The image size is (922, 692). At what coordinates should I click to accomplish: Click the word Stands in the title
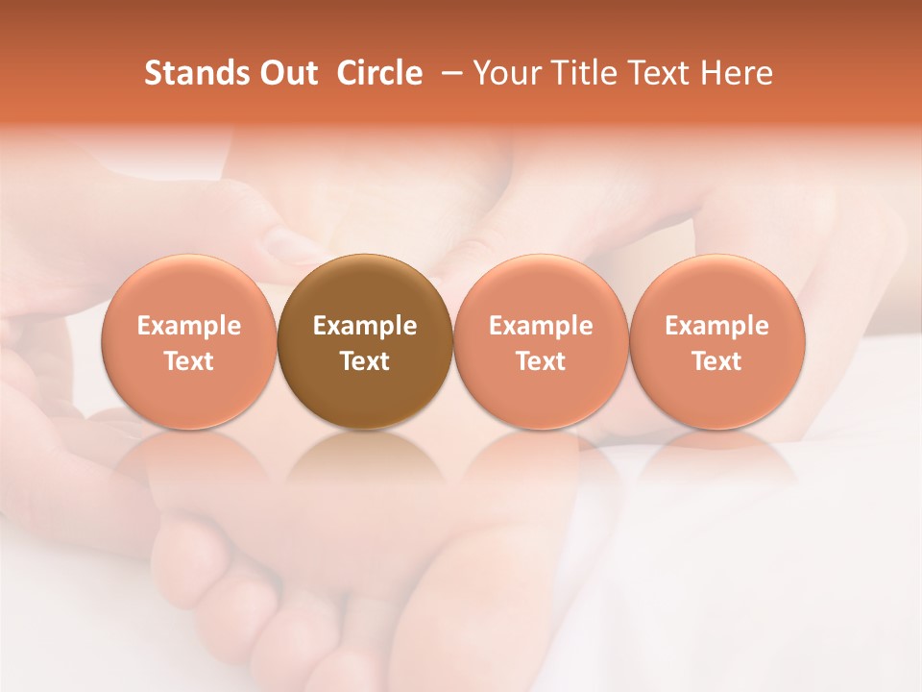[x=190, y=73]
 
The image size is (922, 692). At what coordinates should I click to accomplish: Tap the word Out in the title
[x=285, y=73]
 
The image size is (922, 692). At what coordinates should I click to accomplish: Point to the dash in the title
[x=448, y=73]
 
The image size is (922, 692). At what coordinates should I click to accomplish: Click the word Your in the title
[x=504, y=73]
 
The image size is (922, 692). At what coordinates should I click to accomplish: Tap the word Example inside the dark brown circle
[x=365, y=326]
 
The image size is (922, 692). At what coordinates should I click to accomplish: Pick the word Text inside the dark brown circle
[x=365, y=361]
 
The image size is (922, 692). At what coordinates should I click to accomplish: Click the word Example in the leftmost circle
[x=189, y=326]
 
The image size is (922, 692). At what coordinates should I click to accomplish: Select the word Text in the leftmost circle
[x=189, y=361]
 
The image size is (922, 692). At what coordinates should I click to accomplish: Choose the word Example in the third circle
[x=541, y=326]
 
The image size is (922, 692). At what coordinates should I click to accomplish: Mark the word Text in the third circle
[x=541, y=361]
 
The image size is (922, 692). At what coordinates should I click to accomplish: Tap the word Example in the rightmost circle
[x=716, y=326]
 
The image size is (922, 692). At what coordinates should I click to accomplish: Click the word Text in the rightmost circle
[x=716, y=361]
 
